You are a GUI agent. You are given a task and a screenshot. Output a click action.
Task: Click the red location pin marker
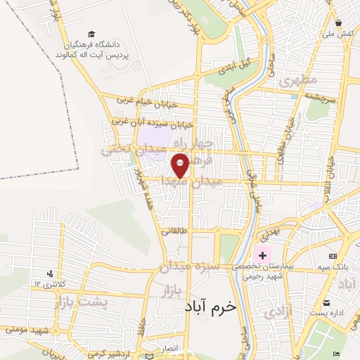[181, 166]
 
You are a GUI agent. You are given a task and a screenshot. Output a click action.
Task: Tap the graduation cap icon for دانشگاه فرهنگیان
[92, 34]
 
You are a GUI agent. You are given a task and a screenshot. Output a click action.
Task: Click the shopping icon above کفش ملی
[338, 22]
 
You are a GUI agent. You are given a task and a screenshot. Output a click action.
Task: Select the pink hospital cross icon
[263, 255]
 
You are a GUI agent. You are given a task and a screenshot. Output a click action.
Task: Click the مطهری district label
[298, 80]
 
